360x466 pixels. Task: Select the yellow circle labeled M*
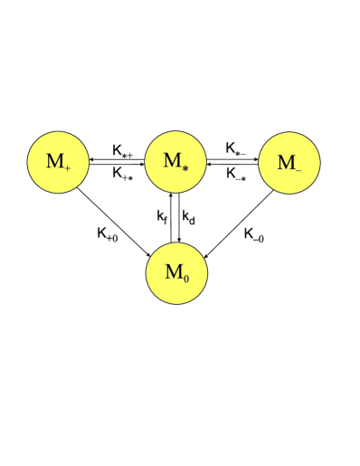click(176, 161)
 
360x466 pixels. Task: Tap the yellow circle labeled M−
click(289, 163)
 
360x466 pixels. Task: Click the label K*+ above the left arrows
click(122, 150)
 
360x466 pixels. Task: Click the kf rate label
click(162, 217)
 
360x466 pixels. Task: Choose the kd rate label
click(188, 217)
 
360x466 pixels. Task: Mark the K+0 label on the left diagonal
click(108, 233)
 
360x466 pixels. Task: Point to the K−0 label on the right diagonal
click(254, 233)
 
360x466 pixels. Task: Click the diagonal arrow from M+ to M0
click(113, 221)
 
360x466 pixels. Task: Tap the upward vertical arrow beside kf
click(172, 217)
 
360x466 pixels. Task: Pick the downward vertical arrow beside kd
click(179, 217)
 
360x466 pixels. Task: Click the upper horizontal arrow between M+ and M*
click(117, 159)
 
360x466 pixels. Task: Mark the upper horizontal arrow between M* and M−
click(232, 159)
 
